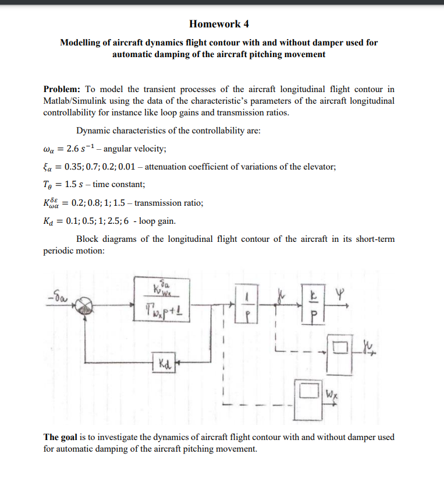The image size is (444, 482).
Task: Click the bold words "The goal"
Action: pyautogui.click(x=59, y=437)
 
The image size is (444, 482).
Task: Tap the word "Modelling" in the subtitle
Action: pyautogui.click(x=81, y=43)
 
